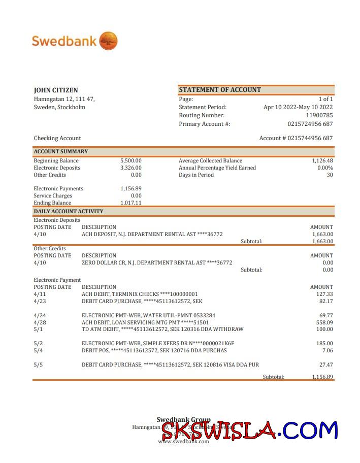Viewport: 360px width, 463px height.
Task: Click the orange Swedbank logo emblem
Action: pos(108,41)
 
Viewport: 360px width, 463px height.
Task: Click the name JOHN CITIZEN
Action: pos(56,90)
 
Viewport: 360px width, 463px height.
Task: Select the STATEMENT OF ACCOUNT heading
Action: pos(220,90)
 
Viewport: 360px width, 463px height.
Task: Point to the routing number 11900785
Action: pos(319,115)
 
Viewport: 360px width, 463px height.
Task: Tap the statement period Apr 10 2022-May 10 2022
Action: pos(298,107)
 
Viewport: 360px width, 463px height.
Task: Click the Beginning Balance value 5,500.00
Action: pos(131,160)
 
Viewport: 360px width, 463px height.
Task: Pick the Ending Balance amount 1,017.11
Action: pos(131,203)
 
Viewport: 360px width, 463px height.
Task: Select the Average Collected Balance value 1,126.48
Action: pos(322,160)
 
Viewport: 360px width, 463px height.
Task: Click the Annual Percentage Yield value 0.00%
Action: pos(325,168)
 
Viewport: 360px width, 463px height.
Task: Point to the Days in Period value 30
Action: pos(330,175)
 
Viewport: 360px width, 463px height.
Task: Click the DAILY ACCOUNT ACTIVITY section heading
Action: pos(69,211)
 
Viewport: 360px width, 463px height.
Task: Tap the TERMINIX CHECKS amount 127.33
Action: pos(324,294)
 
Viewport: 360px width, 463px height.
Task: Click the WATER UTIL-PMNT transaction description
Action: pos(148,315)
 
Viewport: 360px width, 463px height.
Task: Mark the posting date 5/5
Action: pos(39,365)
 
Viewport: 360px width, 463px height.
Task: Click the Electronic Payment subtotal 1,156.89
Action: pos(322,377)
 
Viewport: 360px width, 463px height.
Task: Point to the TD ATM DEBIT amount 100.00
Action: pos(324,329)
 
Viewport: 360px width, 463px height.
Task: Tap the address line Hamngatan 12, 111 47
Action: pos(64,99)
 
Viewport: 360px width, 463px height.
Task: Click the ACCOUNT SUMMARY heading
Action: pos(61,151)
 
